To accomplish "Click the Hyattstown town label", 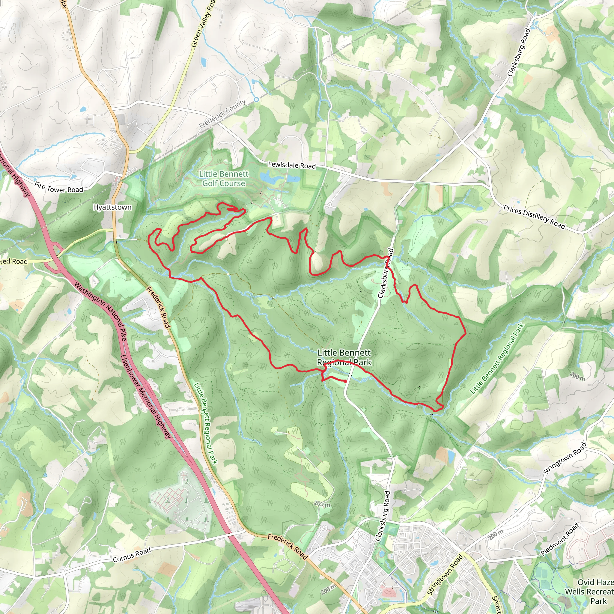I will tap(112, 207).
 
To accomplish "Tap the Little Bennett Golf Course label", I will tap(224, 179).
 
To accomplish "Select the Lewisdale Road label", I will tap(292, 165).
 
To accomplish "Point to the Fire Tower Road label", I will tap(58, 187).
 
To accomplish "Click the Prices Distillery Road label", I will tap(534, 217).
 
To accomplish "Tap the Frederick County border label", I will tap(222, 113).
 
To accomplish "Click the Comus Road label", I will tap(132, 555).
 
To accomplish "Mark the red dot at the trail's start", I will tap(345, 381).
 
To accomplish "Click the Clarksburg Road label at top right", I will tap(518, 52).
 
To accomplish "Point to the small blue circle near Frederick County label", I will tap(256, 100).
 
